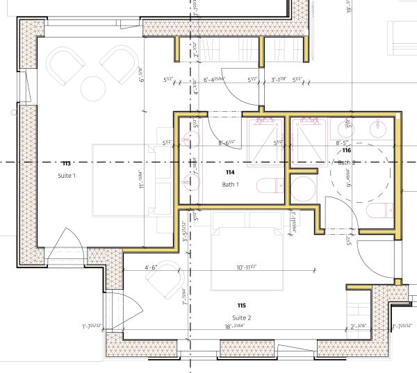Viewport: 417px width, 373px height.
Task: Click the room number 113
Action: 67,163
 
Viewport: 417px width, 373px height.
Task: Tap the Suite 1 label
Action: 67,176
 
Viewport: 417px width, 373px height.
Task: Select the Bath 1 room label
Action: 230,184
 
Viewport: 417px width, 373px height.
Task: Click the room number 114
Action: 230,172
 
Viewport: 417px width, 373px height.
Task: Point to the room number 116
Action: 345,150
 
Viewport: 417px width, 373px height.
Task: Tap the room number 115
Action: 242,306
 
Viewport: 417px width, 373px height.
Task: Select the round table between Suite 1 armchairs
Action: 92,87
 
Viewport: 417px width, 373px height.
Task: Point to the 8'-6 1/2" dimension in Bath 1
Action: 229,143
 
